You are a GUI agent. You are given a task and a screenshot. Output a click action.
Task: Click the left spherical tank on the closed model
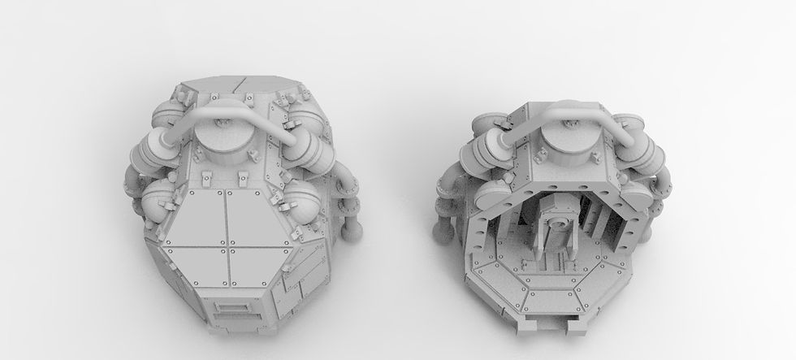click(162, 200)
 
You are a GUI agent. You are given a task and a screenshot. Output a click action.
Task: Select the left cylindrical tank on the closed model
click(154, 154)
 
